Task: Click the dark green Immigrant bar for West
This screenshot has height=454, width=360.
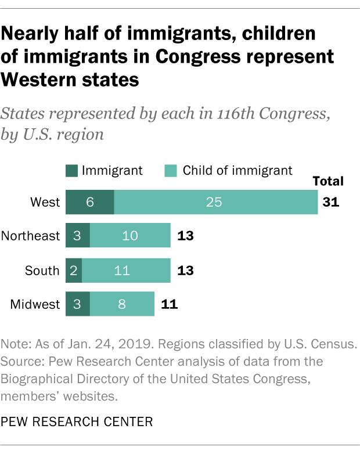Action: (89, 202)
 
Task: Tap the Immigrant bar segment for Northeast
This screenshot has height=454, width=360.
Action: (77, 236)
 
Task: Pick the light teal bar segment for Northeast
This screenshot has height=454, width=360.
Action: (130, 236)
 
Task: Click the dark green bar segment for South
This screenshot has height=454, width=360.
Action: (73, 270)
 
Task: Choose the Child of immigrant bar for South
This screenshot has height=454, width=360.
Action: (126, 270)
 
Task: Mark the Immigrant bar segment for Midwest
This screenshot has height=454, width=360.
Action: (77, 304)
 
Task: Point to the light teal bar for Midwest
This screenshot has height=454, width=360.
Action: (122, 304)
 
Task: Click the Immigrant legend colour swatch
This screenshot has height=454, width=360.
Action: (71, 171)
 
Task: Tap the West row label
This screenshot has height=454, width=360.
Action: (45, 202)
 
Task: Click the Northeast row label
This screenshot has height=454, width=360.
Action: (31, 236)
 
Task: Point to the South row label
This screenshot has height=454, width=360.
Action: (42, 270)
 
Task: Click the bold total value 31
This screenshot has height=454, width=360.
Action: (330, 203)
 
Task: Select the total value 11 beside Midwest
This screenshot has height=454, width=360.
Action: (168, 304)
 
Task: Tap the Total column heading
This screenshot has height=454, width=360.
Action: (328, 181)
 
